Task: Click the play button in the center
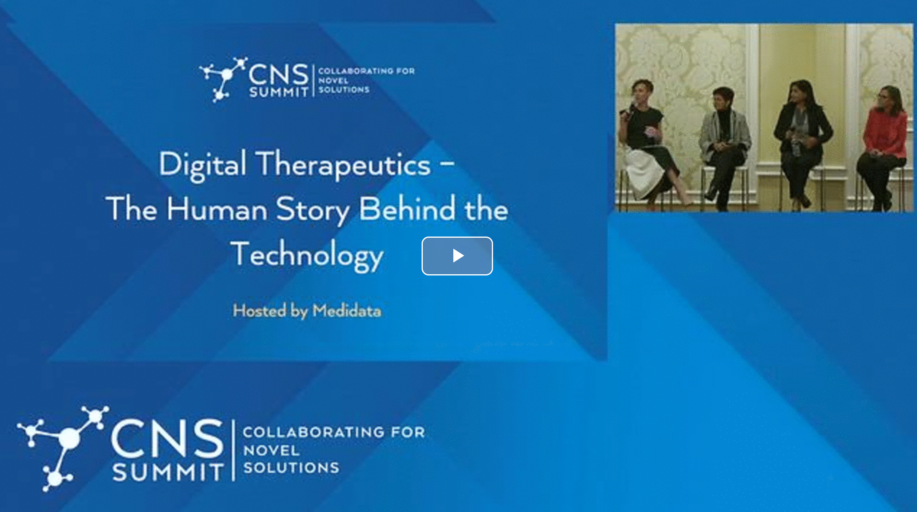[457, 256]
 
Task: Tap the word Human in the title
[217, 209]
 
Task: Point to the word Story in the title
[313, 210]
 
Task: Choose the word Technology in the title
[308, 256]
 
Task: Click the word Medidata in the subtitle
[347, 311]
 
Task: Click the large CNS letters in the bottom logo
[167, 439]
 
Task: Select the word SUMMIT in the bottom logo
[168, 472]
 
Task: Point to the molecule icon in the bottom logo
[63, 448]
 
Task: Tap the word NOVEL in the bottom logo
[272, 450]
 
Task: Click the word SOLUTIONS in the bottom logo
[291, 468]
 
